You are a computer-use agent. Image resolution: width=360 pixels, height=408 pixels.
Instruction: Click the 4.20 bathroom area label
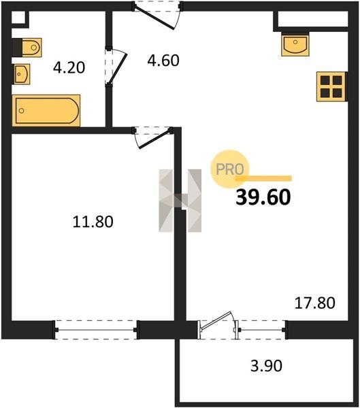tap(69, 67)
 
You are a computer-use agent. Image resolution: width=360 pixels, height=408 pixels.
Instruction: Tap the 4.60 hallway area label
tap(163, 61)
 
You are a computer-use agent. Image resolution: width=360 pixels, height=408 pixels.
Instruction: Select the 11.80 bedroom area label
tap(93, 222)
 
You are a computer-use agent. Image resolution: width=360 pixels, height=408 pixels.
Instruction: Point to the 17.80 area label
tap(314, 303)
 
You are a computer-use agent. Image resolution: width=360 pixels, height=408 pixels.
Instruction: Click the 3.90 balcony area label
tap(266, 366)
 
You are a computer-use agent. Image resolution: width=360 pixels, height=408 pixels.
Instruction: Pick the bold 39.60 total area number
tap(263, 197)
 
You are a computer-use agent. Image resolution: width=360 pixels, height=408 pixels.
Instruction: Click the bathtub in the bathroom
tap(46, 111)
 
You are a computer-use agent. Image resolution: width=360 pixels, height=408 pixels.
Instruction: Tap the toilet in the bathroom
tap(31, 48)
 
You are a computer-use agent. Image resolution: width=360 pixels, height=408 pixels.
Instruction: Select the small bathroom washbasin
tap(22, 74)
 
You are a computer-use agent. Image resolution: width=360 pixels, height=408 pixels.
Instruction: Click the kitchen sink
tap(295, 46)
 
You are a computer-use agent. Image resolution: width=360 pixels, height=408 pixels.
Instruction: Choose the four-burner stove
tap(331, 86)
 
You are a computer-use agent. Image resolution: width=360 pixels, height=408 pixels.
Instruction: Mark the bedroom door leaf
tap(154, 139)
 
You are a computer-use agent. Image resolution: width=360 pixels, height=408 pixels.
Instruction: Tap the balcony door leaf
tap(216, 320)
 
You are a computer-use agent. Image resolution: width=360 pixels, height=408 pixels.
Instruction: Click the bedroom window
tap(96, 330)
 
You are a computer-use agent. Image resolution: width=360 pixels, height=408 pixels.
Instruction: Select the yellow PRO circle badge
tap(229, 169)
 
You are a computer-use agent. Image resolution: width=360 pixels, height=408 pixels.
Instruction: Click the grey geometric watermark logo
tap(180, 201)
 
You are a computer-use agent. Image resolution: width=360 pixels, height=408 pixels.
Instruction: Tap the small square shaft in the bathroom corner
tap(18, 18)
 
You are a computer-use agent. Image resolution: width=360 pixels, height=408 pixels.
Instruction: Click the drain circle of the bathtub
tap(22, 111)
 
